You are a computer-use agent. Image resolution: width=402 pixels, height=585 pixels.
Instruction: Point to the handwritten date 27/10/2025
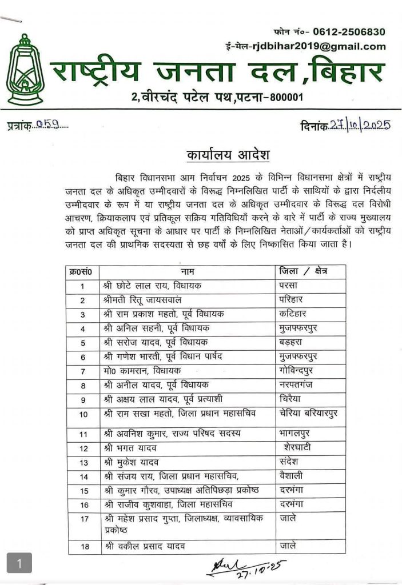point(360,126)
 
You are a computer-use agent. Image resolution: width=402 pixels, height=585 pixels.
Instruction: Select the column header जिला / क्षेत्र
point(304,271)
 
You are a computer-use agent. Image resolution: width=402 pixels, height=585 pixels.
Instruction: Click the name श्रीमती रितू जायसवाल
point(143,300)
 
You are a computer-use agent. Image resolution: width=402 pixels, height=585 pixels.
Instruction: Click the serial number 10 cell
point(83,414)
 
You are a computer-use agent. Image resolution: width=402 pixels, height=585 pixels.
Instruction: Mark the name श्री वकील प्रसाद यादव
point(152,547)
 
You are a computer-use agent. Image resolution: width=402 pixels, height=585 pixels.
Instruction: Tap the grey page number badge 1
point(19,564)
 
